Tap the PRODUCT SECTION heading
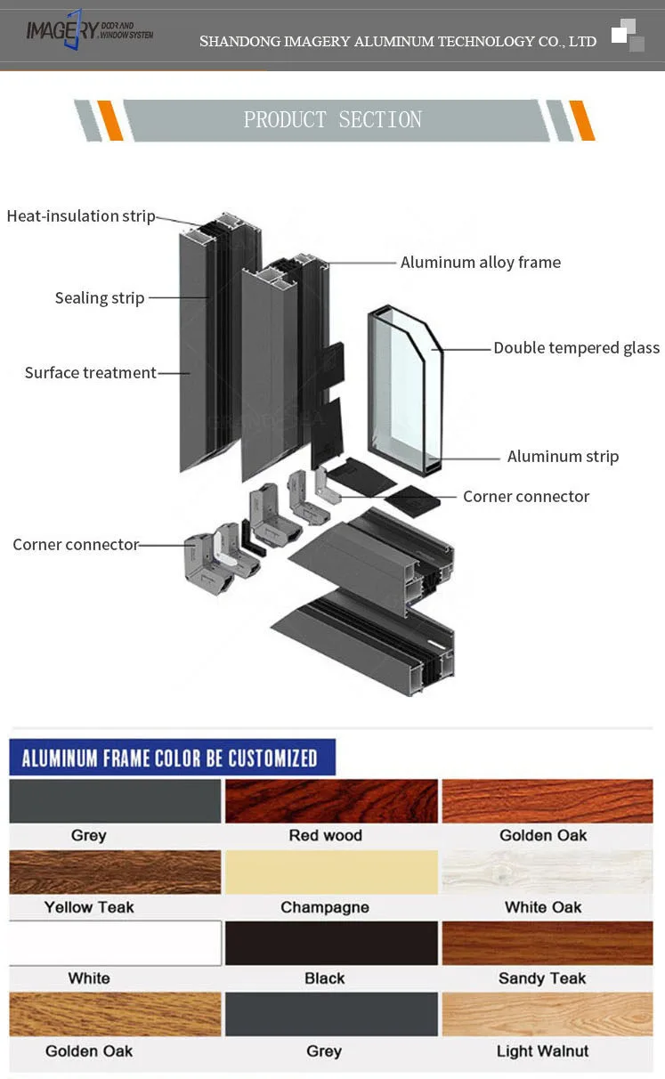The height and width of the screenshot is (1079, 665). (333, 120)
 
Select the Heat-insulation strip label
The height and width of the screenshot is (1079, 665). (81, 216)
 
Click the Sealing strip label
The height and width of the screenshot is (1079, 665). (100, 298)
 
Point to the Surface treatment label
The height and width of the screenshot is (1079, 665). (90, 373)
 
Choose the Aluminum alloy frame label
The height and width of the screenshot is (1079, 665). (481, 263)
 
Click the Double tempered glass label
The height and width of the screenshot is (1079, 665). (576, 348)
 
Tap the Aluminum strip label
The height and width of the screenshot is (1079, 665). (563, 457)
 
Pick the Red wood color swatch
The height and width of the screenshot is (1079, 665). (331, 801)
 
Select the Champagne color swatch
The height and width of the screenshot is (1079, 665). (331, 872)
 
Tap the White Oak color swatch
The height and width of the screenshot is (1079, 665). (547, 872)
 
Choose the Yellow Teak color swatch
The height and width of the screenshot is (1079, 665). (115, 872)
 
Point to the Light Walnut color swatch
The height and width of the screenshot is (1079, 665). (547, 1015)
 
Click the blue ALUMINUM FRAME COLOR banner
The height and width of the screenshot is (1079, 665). (172, 758)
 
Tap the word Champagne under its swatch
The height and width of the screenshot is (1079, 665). (325, 907)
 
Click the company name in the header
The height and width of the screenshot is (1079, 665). (398, 42)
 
